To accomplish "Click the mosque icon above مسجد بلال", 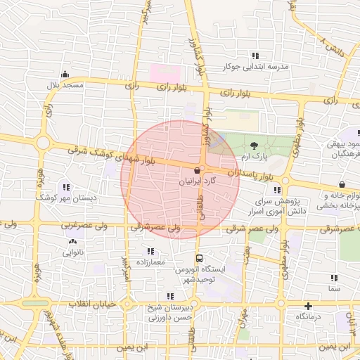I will coord(65,75).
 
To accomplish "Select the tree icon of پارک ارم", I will coord(253,145).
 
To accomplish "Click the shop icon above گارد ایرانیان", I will coord(197,170).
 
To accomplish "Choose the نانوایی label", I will coord(72,252).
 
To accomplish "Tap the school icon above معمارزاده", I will coord(150,251).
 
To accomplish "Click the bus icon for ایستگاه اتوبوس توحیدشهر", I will coord(200,258).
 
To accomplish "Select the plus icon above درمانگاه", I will coord(308,306).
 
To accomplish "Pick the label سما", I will coord(334,288).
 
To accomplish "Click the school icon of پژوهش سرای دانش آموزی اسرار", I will coord(278,190).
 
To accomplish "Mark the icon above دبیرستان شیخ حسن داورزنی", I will coord(169,296).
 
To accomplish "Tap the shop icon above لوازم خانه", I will coord(341,184).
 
